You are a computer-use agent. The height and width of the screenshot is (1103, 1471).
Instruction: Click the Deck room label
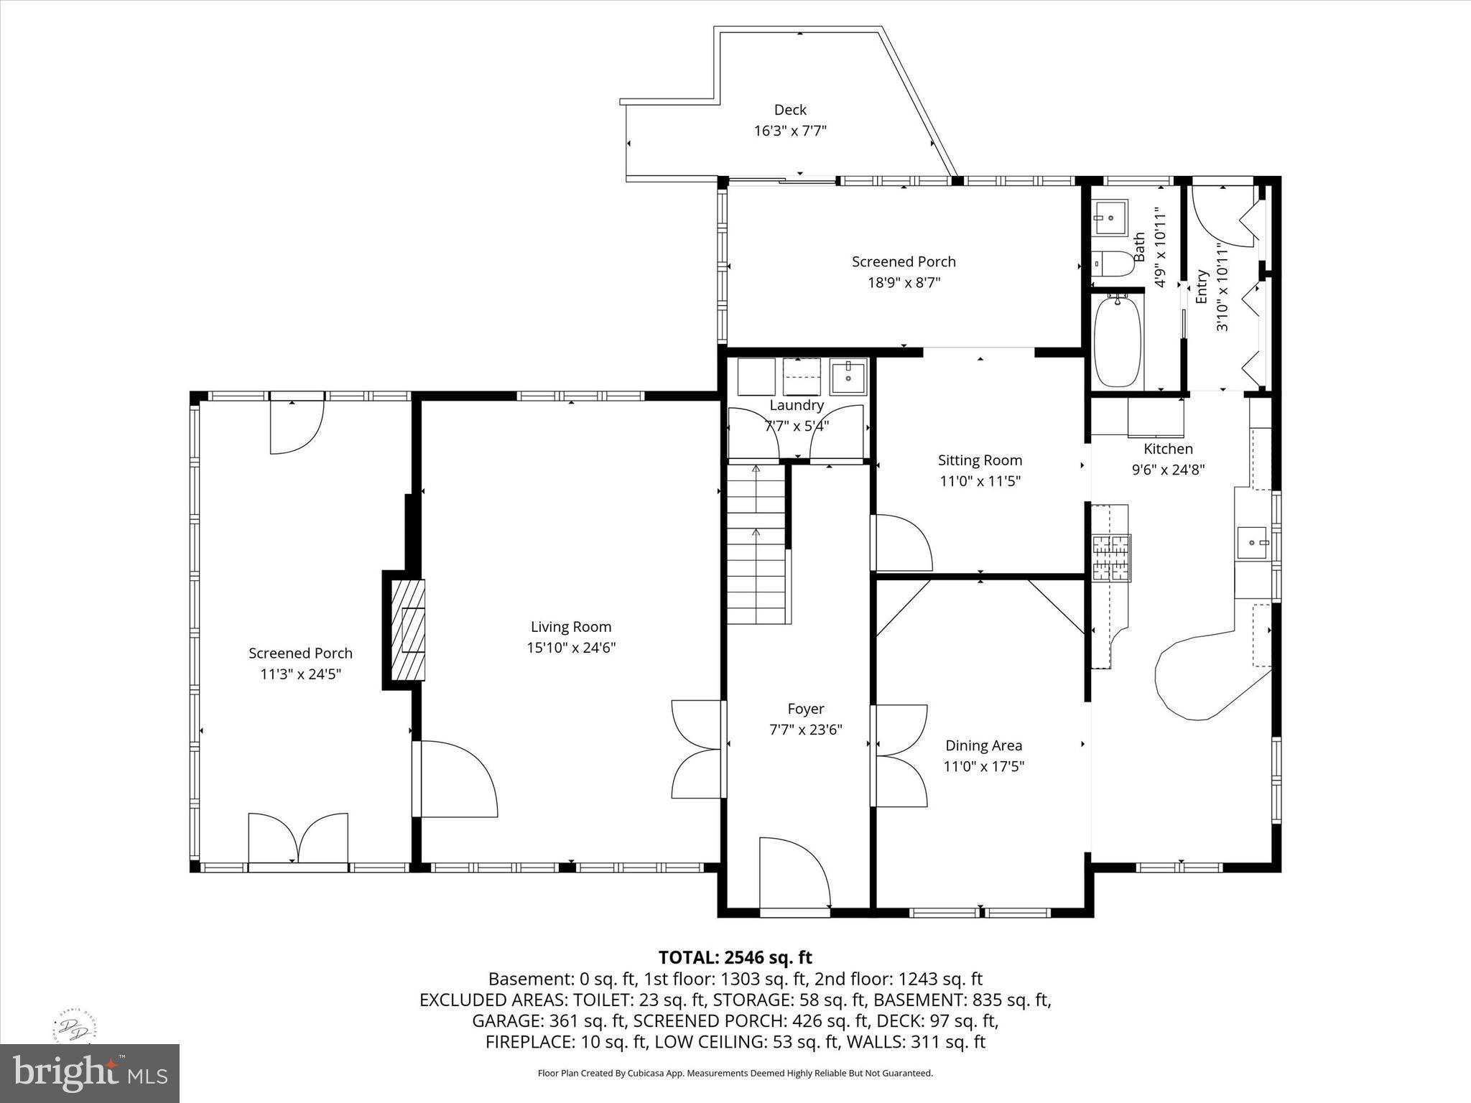789,110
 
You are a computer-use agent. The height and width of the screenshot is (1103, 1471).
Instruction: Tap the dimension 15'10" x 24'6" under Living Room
571,648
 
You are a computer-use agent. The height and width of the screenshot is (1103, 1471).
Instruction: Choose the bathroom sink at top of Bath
1110,216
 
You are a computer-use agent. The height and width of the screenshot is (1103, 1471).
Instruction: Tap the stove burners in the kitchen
1110,558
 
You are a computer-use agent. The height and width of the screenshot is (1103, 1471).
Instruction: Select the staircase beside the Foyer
756,544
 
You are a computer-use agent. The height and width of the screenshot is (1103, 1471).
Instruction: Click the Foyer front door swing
794,872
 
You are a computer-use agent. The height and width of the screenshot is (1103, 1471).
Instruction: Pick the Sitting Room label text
980,460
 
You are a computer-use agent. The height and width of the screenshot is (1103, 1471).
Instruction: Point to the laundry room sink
848,376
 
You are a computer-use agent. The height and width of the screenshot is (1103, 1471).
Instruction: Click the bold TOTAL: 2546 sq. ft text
735,957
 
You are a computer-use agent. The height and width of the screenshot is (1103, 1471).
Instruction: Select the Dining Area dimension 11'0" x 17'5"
983,767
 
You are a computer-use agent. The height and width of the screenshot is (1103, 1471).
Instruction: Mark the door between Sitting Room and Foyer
901,543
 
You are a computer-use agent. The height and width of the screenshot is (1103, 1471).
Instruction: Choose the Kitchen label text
1168,449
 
